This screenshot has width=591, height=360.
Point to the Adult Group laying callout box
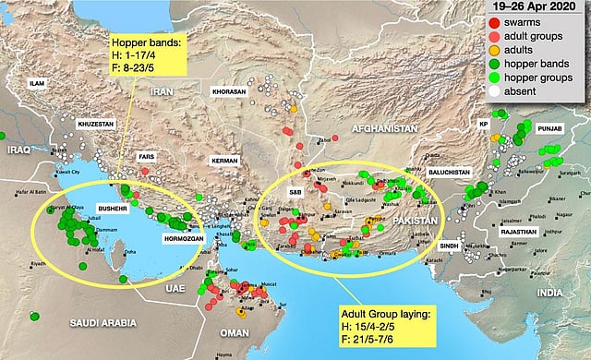pos(385,320)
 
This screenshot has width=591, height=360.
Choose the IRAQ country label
pos(18,147)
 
